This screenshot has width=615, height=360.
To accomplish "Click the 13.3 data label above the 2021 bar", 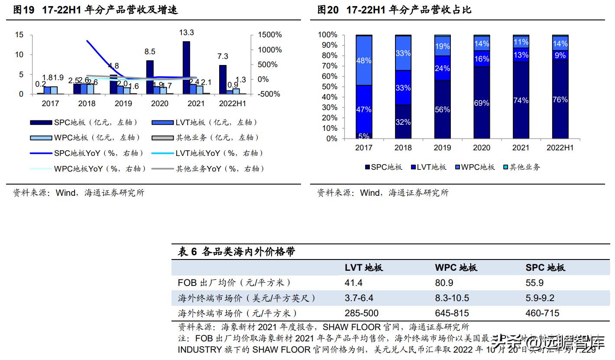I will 186,33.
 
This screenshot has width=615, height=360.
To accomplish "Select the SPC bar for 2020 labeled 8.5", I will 150,77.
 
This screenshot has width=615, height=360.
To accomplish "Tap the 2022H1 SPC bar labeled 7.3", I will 223,79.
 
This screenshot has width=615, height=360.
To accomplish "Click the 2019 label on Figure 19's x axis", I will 123,104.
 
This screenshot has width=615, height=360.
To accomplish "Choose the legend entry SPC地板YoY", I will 87,153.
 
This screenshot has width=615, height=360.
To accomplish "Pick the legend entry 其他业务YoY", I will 208,169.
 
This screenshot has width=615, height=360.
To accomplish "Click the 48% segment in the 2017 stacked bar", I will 364,61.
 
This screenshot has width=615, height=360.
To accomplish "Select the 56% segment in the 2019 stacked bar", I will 442,110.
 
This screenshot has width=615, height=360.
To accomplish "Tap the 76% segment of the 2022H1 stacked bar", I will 560,100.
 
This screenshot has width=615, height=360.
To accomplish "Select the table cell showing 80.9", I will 444,283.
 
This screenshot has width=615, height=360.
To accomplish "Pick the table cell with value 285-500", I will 361,313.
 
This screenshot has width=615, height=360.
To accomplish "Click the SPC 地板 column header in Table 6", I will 545,268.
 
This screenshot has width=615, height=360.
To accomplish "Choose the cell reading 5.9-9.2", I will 540,298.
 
